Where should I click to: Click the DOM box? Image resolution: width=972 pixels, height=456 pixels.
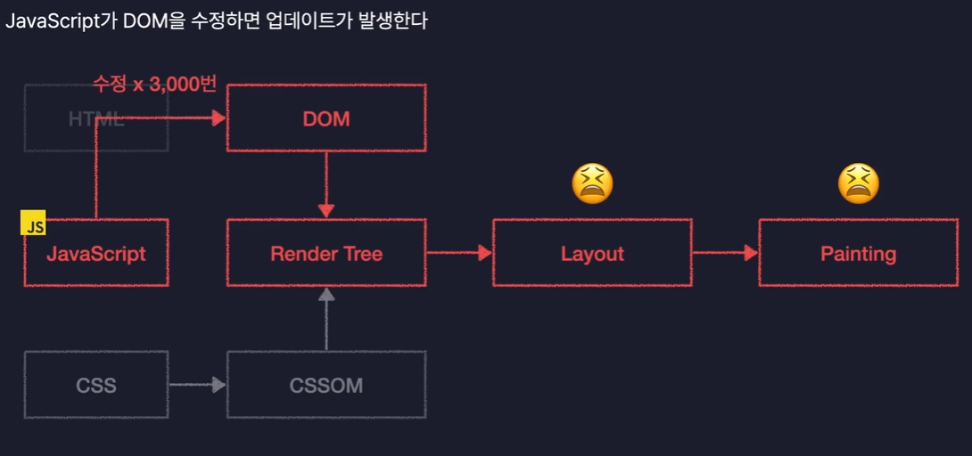tap(326, 118)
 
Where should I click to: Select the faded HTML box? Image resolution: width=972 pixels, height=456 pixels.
tap(96, 118)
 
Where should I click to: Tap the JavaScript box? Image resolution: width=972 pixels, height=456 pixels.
tap(96, 254)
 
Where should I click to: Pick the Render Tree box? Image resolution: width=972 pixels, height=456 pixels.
tap(326, 254)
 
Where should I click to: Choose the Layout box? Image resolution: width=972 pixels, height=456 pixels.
tap(592, 254)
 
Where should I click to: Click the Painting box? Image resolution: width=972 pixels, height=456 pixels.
tap(858, 254)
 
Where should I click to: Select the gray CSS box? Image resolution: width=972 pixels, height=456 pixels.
tap(96, 386)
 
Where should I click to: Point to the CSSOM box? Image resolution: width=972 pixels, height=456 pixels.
tap(326, 386)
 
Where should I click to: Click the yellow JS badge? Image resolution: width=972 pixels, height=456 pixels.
tap(34, 226)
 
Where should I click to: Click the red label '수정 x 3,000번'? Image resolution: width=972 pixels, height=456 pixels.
tap(154, 85)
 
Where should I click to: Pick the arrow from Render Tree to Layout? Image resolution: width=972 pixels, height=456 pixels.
tap(459, 253)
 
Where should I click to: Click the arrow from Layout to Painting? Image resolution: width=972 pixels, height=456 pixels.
tap(725, 253)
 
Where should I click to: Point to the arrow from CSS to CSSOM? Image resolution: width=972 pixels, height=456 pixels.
tap(197, 386)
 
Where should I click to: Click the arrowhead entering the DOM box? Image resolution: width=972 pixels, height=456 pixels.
tap(218, 118)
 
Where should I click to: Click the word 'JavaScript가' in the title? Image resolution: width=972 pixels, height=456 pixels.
tap(57, 20)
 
